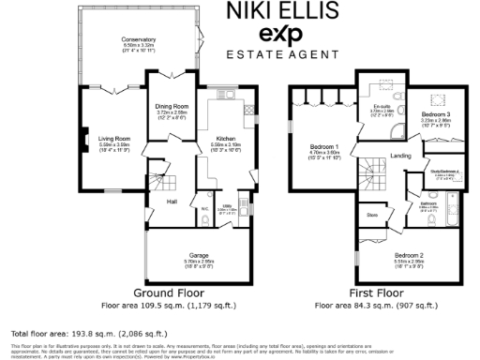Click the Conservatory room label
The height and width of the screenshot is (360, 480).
coord(138,38)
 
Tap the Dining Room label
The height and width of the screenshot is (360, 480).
coord(172,107)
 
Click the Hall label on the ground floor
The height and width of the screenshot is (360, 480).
coord(172,201)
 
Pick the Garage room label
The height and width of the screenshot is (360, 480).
coord(198,255)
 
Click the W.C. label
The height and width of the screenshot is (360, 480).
coord(203,208)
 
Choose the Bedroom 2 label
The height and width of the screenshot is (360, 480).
coord(410,255)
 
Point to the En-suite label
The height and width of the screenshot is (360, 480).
coord(380,108)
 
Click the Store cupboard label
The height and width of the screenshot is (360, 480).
coord(371,216)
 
